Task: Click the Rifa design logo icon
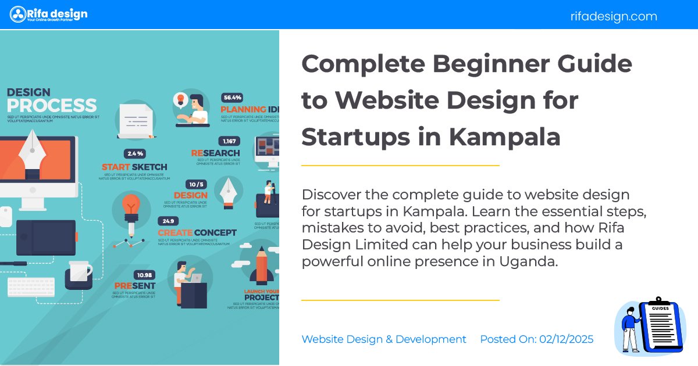[18, 14]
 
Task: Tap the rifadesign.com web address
[614, 16]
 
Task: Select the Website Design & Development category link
[384, 339]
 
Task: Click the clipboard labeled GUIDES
[660, 325]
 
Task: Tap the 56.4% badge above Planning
[233, 98]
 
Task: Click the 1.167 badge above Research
[228, 141]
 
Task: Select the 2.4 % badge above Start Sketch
[135, 154]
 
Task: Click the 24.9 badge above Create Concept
[168, 221]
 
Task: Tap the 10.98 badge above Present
[144, 275]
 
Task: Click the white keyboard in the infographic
[31, 286]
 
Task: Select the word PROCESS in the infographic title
[52, 106]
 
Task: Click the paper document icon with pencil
[136, 121]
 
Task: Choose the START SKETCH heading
[134, 167]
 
